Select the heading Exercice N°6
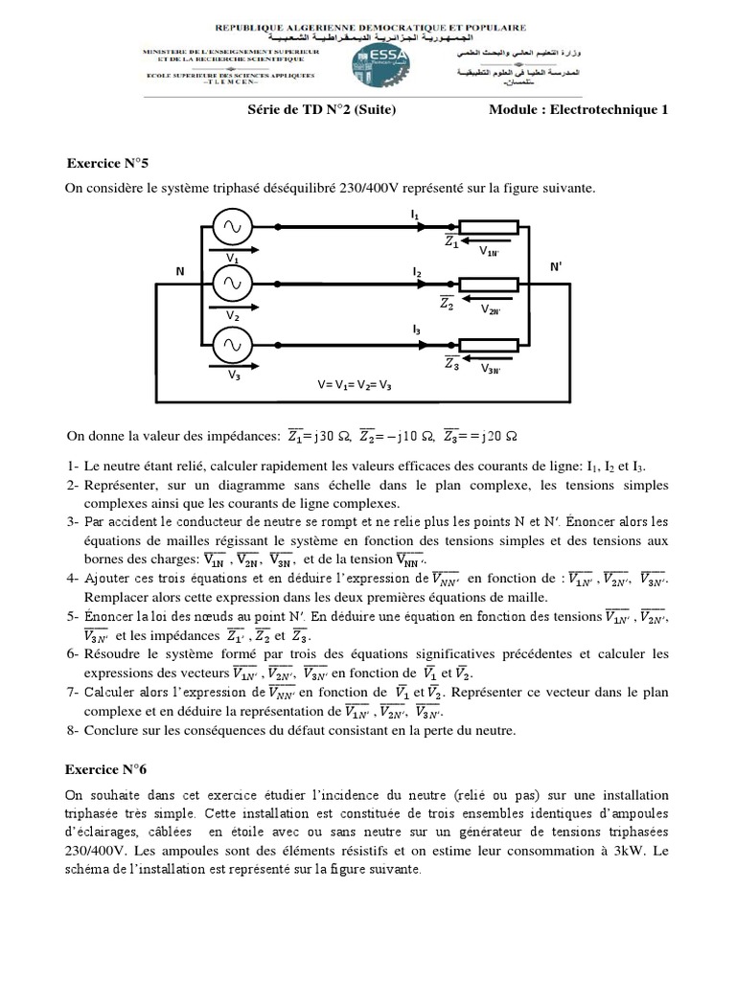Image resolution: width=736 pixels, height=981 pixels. [x=104, y=767]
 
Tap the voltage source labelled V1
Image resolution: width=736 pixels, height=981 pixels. [x=232, y=227]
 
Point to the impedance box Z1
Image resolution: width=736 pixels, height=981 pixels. [x=489, y=227]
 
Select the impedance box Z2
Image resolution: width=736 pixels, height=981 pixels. [x=489, y=284]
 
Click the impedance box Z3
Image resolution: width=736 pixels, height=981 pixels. [x=489, y=343]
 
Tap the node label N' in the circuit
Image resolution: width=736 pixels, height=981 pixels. [x=556, y=267]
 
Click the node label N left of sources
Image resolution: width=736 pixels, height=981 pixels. [x=179, y=272]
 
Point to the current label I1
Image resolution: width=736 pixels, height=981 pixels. [x=415, y=216]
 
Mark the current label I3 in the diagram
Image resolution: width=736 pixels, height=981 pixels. [x=416, y=330]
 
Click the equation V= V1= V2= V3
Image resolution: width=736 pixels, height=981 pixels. [x=355, y=385]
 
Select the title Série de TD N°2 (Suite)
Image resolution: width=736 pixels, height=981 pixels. [x=321, y=110]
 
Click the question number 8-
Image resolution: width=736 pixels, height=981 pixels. [x=73, y=730]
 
